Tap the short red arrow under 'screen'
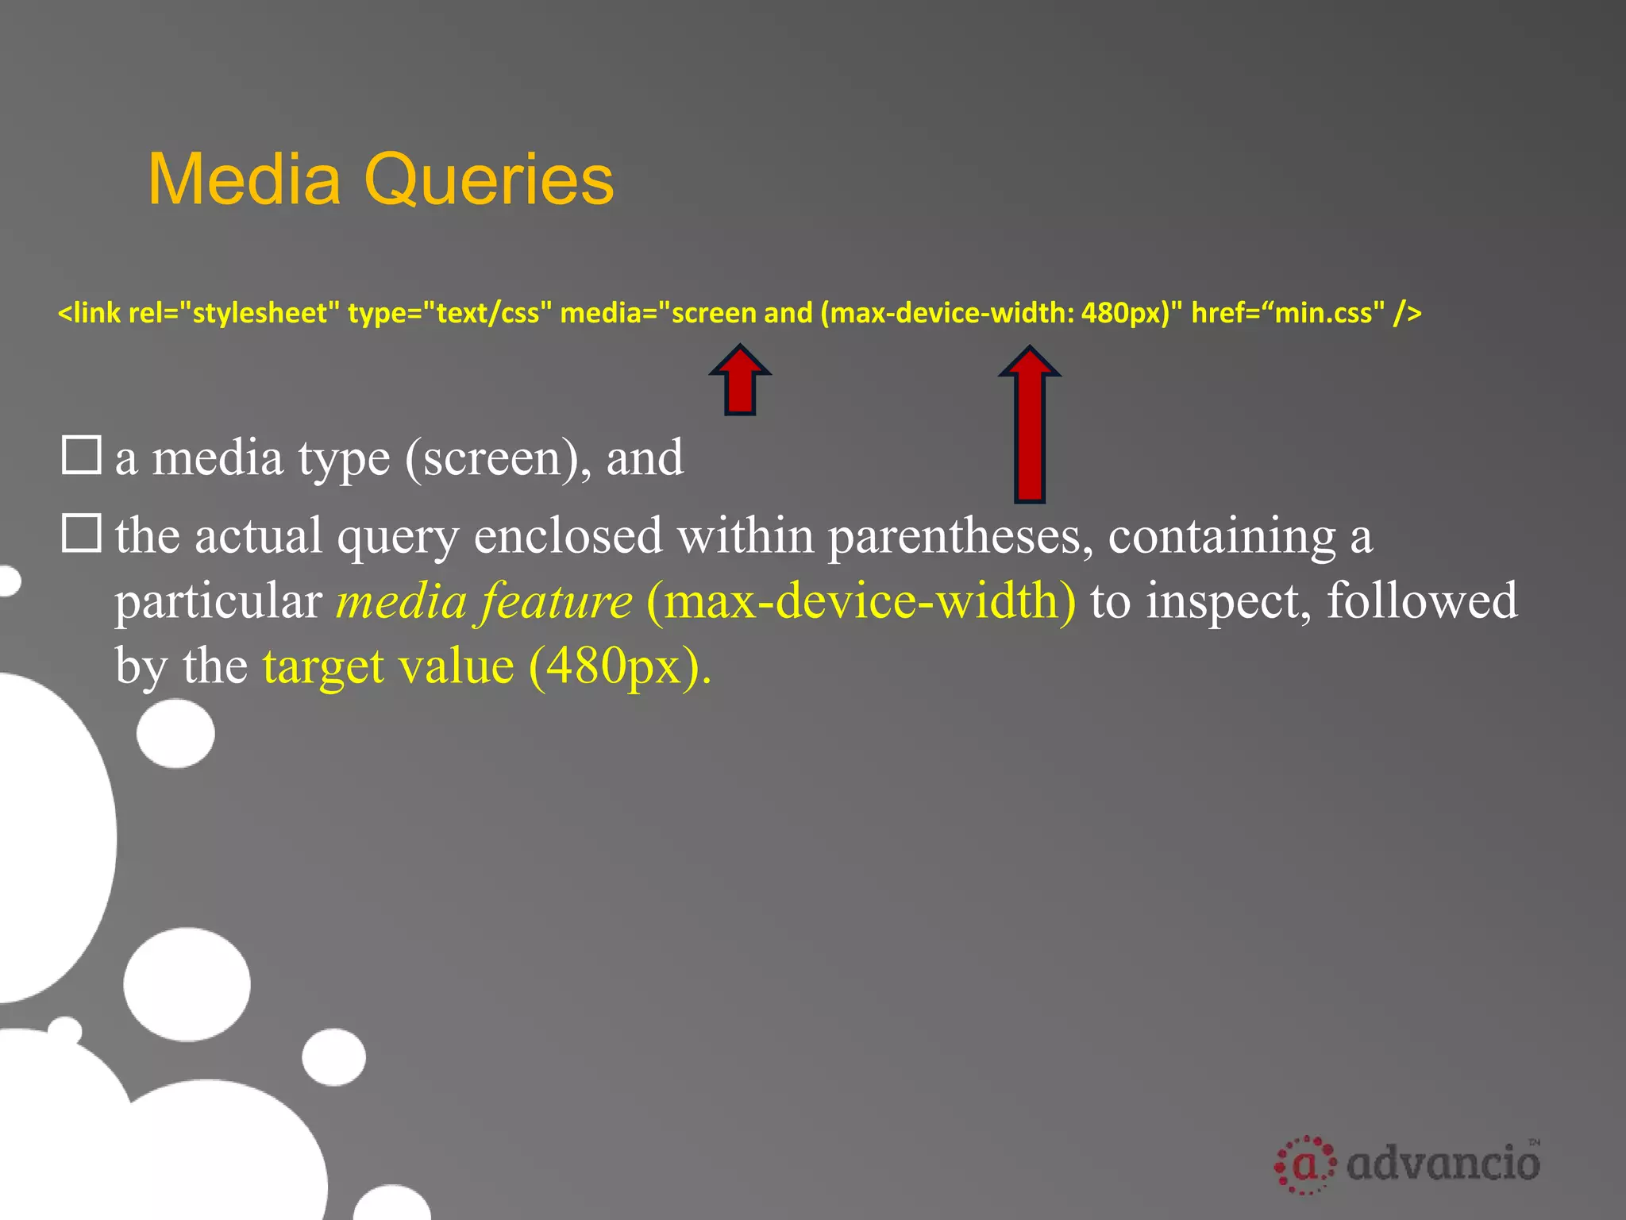pyautogui.click(x=740, y=381)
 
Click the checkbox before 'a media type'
pyautogui.click(x=81, y=455)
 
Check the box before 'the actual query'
pyautogui.click(x=81, y=533)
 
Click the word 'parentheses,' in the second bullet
pyautogui.click(x=955, y=536)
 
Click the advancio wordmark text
pyautogui.click(x=1443, y=1163)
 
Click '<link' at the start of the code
pyautogui.click(x=90, y=313)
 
